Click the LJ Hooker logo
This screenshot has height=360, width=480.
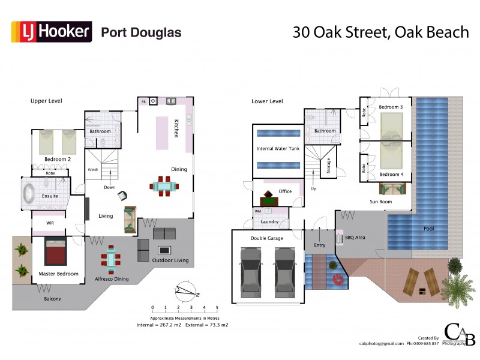[52, 32]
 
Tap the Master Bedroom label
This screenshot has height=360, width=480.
[58, 274]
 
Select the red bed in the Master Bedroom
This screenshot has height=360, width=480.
[55, 254]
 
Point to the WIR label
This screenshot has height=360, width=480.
[51, 223]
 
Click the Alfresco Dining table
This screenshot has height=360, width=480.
[111, 259]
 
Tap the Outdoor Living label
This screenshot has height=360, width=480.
[170, 260]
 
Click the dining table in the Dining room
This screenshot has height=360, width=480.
[164, 186]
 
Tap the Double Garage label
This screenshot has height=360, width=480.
[267, 238]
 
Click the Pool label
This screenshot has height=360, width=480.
[428, 229]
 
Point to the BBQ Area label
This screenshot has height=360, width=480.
[355, 237]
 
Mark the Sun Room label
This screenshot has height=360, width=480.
[380, 202]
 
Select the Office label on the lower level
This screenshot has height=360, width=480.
[285, 191]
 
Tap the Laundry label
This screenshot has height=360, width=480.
[269, 222]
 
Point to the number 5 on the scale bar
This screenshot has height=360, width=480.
[217, 307]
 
